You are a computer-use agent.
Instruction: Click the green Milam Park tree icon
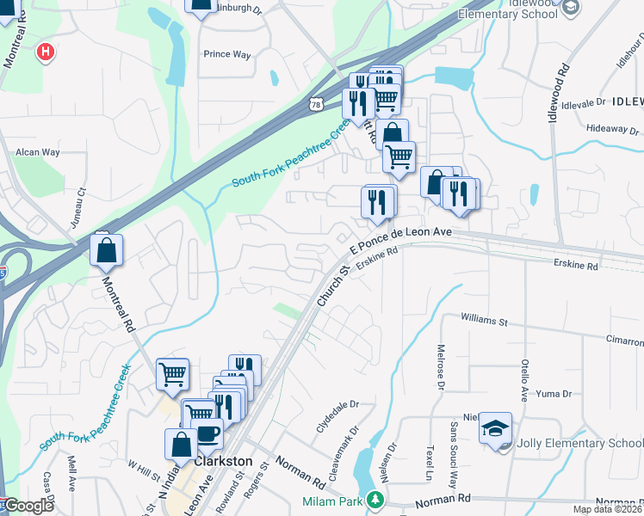click(x=375, y=499)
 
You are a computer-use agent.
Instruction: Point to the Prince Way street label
click(x=226, y=54)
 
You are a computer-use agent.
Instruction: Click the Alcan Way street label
click(x=37, y=152)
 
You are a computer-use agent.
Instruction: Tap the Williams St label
click(x=484, y=321)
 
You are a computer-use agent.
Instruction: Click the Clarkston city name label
click(x=223, y=461)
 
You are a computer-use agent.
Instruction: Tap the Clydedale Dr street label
click(x=337, y=415)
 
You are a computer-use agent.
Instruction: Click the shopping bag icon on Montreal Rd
click(x=107, y=250)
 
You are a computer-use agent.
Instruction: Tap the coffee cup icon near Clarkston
click(x=208, y=434)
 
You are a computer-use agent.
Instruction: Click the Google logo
click(x=28, y=506)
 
